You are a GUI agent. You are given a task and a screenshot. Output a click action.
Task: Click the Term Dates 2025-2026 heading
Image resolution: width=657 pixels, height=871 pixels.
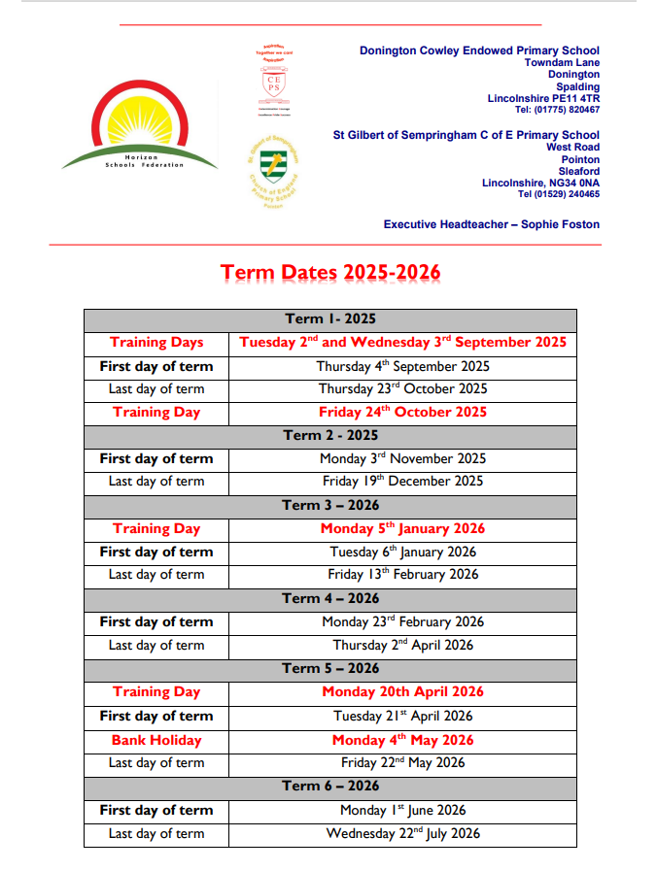tap(330, 272)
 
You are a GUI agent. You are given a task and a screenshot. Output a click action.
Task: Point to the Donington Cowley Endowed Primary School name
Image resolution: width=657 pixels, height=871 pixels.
tap(479, 50)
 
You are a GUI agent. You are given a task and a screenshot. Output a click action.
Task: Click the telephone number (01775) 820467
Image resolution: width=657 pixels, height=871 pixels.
tap(558, 110)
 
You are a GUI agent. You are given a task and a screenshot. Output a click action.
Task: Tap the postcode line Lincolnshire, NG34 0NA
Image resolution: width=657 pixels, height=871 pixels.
tap(540, 183)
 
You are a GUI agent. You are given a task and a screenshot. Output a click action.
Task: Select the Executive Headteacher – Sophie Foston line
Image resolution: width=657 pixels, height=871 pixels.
tap(491, 224)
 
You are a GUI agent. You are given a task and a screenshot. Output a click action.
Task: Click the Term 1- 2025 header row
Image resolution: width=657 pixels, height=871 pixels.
tap(329, 318)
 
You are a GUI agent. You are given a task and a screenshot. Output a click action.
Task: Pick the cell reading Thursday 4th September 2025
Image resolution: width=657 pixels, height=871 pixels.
tap(402, 366)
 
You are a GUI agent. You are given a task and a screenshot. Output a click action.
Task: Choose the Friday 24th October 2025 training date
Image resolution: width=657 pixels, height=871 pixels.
tap(402, 412)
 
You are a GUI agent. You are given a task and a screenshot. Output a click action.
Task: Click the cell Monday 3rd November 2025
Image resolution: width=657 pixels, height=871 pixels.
tap(402, 458)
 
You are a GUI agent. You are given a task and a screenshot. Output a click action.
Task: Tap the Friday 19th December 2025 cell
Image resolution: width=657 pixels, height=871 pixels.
tap(402, 481)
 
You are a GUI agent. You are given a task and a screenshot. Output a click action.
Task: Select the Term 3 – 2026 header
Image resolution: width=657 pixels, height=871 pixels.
tap(329, 505)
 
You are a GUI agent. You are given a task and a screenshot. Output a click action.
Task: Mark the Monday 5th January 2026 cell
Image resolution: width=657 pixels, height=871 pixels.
tap(402, 528)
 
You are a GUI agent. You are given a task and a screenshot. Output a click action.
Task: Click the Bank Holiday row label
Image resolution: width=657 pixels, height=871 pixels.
tap(156, 740)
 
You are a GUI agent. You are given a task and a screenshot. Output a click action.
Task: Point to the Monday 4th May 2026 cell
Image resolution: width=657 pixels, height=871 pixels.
tap(402, 740)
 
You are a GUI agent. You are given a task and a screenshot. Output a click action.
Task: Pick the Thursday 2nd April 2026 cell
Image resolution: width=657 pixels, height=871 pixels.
tap(402, 645)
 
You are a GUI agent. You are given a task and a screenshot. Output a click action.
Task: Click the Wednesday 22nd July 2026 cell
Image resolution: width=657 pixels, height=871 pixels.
tap(402, 833)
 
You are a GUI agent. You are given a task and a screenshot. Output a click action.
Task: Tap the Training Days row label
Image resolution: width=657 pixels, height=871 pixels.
tap(156, 342)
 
